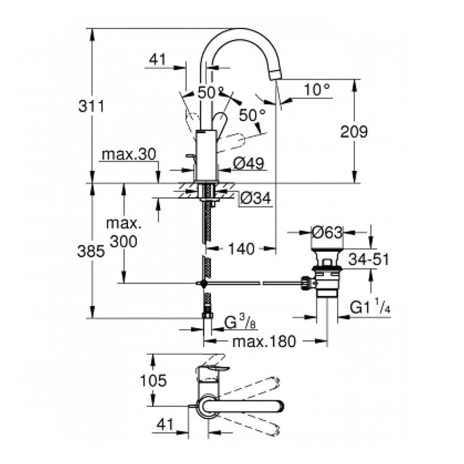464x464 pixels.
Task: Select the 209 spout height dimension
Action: tap(354, 132)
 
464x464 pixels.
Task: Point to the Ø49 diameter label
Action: tap(248, 163)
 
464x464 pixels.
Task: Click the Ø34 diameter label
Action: tap(256, 199)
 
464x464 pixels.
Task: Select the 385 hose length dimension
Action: tap(91, 251)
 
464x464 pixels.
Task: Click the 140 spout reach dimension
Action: tap(241, 249)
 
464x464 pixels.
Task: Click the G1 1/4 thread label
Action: tap(370, 308)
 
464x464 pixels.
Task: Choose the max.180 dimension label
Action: tap(264, 342)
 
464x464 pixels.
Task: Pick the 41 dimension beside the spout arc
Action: tap(158, 59)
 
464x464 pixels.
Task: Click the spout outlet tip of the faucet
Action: tap(277, 75)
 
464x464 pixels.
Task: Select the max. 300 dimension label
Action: tap(123, 232)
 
